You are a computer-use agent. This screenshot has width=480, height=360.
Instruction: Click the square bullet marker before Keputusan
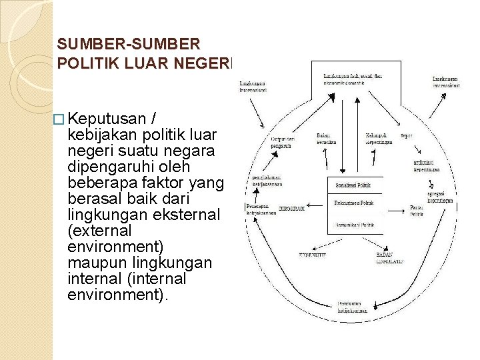[61, 120]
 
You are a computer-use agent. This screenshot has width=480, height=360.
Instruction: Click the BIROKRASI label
[291, 209]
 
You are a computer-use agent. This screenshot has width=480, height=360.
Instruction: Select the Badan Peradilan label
[326, 139]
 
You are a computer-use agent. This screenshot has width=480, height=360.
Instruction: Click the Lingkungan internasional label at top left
[254, 87]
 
